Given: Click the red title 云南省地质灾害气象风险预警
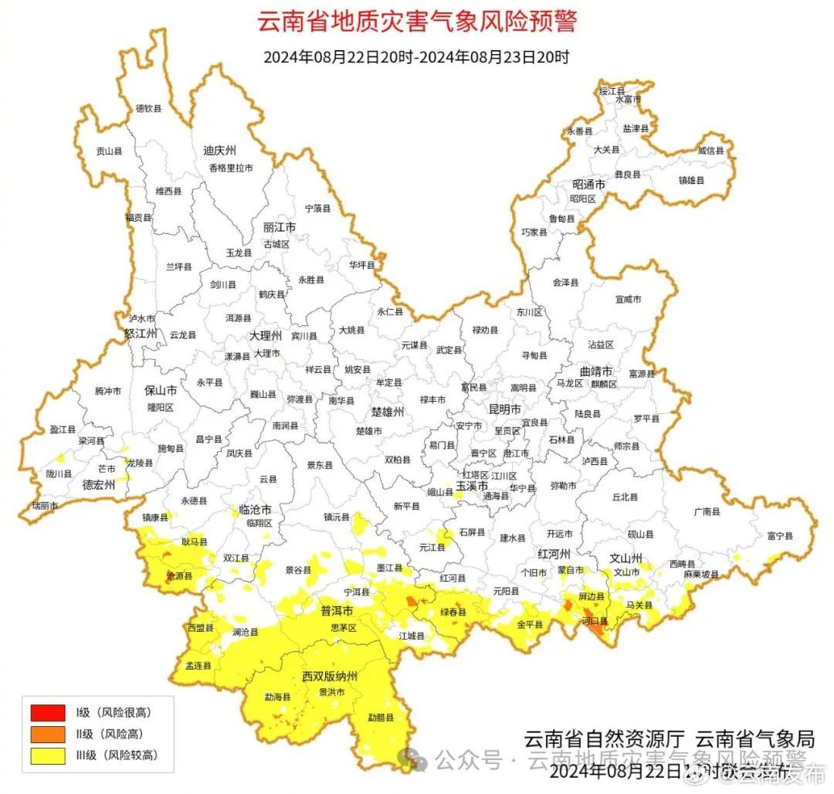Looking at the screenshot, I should (416, 22).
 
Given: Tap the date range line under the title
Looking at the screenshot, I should (416, 57).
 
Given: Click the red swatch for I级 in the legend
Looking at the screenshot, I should (47, 711).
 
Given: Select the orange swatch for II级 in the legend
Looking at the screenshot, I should (47, 734).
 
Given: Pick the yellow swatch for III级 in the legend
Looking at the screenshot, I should (47, 756).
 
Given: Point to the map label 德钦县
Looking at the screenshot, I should (149, 109).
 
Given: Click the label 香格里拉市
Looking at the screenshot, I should (230, 168).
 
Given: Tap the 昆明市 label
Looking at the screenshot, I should (505, 409).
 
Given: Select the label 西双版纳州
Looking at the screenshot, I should (330, 677).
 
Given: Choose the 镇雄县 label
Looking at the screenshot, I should (691, 180).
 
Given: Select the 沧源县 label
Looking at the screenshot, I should (180, 576).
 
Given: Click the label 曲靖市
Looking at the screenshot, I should (596, 372).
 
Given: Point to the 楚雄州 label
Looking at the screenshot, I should (388, 412).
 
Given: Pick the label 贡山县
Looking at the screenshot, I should (109, 152).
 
